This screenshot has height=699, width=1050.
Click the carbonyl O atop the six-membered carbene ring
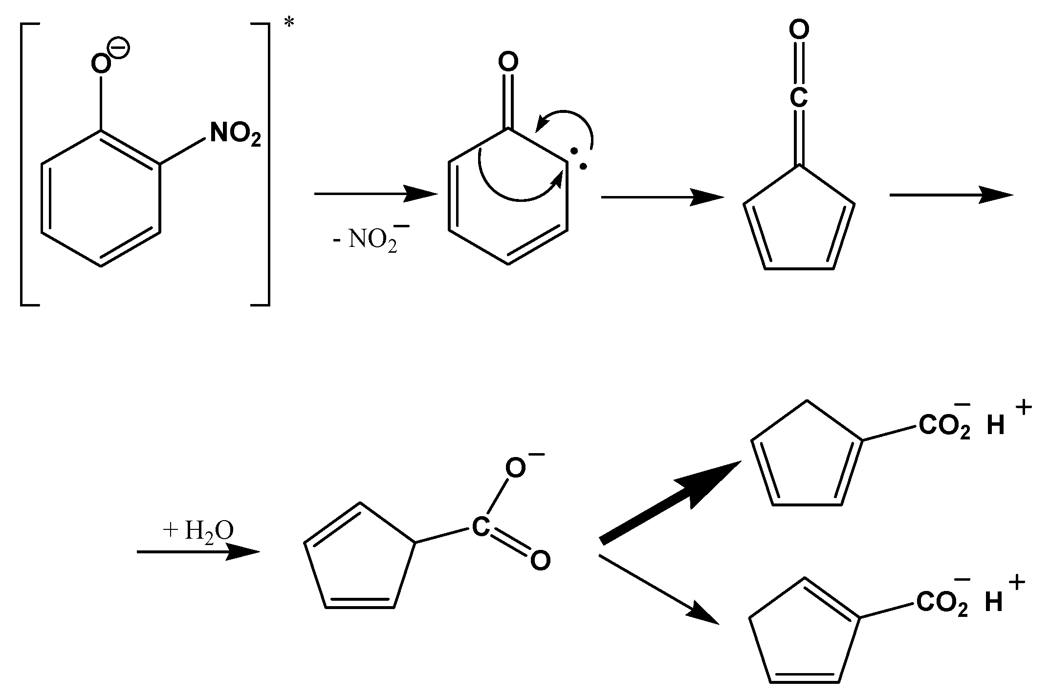[508, 62]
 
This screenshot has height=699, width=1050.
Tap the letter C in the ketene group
[798, 98]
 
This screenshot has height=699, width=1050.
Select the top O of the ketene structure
[799, 30]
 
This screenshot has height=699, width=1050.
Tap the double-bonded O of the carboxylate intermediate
[540, 560]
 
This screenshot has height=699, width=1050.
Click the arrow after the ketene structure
[950, 195]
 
